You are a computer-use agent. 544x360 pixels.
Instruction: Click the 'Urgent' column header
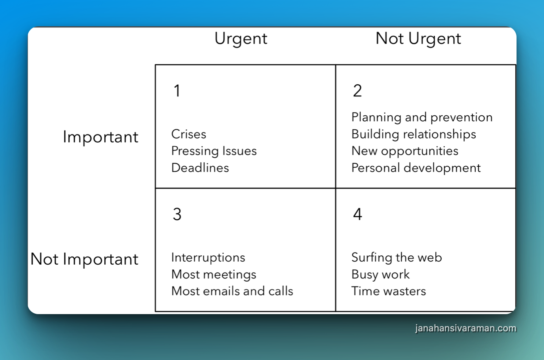[x=241, y=39]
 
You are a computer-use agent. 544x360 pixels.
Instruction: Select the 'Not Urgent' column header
[x=418, y=39]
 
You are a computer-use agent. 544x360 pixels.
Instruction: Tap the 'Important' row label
[x=100, y=137]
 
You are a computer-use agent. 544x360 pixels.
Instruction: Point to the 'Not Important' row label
[x=84, y=259]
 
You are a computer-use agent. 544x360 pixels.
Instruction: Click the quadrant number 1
[x=177, y=91]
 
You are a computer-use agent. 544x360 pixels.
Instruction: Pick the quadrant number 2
[x=358, y=91]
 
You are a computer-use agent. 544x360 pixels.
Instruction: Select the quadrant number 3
[x=177, y=214]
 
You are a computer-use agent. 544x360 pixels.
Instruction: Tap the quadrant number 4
[x=358, y=214]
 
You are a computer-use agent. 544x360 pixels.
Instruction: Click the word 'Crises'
[x=189, y=134]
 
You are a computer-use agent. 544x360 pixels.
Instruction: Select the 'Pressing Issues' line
[x=214, y=151]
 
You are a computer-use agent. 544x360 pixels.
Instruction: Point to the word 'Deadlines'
[x=200, y=167]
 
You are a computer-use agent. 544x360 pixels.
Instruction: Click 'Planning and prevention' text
[x=422, y=117]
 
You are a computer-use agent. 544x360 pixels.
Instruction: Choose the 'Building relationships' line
[x=414, y=135]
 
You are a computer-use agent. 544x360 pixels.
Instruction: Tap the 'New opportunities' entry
[x=405, y=151]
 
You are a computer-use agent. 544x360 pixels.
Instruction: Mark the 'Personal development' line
[x=416, y=168]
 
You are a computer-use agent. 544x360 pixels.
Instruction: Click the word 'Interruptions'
[x=208, y=258]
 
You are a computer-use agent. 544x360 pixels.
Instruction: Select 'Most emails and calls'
[x=232, y=291]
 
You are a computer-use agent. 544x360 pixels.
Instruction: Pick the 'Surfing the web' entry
[x=396, y=258]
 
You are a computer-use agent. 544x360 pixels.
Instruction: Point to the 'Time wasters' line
[x=389, y=291]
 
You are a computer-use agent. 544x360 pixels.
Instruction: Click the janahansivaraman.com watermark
[x=466, y=328]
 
